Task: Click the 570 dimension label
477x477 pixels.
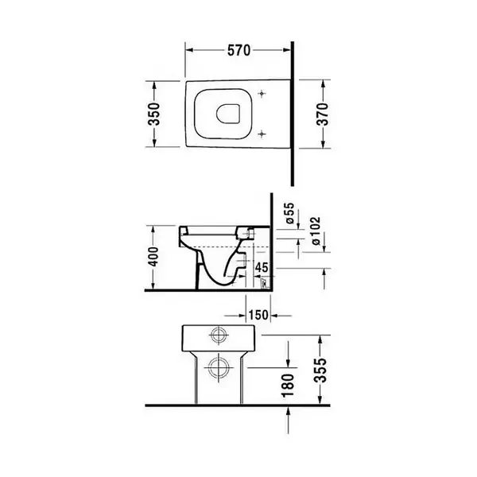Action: tap(238, 51)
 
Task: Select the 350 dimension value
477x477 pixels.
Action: tap(154, 114)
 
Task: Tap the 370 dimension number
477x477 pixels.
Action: tap(323, 114)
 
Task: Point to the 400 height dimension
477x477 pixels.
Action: tap(154, 257)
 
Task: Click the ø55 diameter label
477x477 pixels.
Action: tap(290, 213)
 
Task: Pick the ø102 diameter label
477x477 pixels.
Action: tap(316, 231)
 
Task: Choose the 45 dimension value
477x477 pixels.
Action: tap(262, 268)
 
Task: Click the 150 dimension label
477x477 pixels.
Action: tap(258, 315)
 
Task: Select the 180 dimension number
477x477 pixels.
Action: tap(288, 386)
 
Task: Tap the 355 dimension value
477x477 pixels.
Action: tap(320, 370)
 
